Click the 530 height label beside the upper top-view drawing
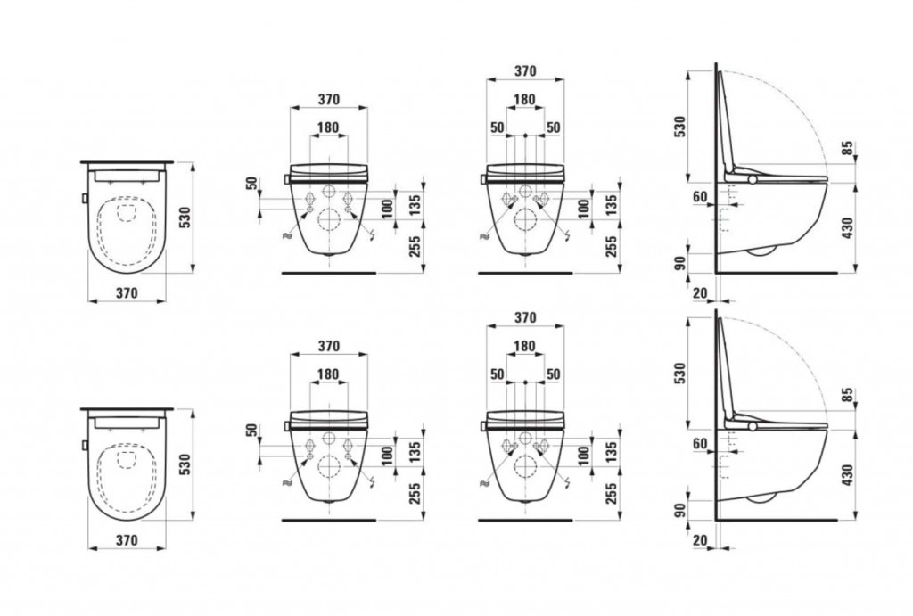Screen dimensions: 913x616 pos(185,218)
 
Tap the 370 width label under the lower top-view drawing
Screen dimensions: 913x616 pos(127,540)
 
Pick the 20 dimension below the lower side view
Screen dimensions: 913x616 pos(700,540)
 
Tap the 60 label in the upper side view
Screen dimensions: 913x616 pos(700,197)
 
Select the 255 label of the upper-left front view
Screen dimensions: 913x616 pos(415,248)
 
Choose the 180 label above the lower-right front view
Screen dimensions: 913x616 pos(524,347)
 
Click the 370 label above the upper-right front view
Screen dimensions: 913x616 pos(525,71)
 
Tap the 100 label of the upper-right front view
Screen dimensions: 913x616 pos(583,207)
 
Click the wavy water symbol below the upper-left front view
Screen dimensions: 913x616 pos(286,236)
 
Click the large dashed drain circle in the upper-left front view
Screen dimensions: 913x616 pos(329,220)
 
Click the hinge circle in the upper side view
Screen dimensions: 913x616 pos(753,180)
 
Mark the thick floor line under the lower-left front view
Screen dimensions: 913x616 pos(329,520)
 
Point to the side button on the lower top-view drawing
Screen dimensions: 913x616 pos(85,446)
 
